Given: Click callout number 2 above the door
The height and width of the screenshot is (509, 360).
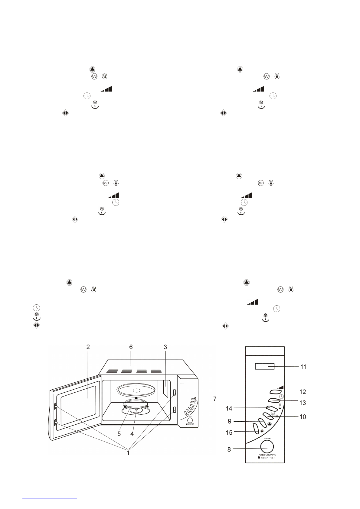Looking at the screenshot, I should pos(88,347).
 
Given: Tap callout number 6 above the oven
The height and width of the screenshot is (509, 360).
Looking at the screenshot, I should pos(131,347).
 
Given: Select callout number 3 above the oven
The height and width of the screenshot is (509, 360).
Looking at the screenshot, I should pos(165,347).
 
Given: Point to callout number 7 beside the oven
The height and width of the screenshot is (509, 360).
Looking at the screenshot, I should pos(214,399).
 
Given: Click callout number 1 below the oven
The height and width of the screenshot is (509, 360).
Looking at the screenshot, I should pos(128,453).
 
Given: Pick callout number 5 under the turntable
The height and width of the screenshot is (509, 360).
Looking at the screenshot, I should pos(119,434).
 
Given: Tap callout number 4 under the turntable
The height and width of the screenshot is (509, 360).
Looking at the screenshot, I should pos(132,434).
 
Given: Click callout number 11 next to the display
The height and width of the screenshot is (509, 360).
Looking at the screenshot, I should pos(303,367).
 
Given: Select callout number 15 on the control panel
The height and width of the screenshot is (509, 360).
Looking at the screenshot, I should pos(229,433).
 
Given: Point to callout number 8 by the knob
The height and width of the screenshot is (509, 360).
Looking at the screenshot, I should pos(229,449).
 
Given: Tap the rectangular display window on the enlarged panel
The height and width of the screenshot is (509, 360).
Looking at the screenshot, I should pos(264,366).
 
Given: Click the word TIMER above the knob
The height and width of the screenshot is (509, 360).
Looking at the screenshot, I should pos(267,438).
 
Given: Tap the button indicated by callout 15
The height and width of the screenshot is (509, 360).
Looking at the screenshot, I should pos(256,429).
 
